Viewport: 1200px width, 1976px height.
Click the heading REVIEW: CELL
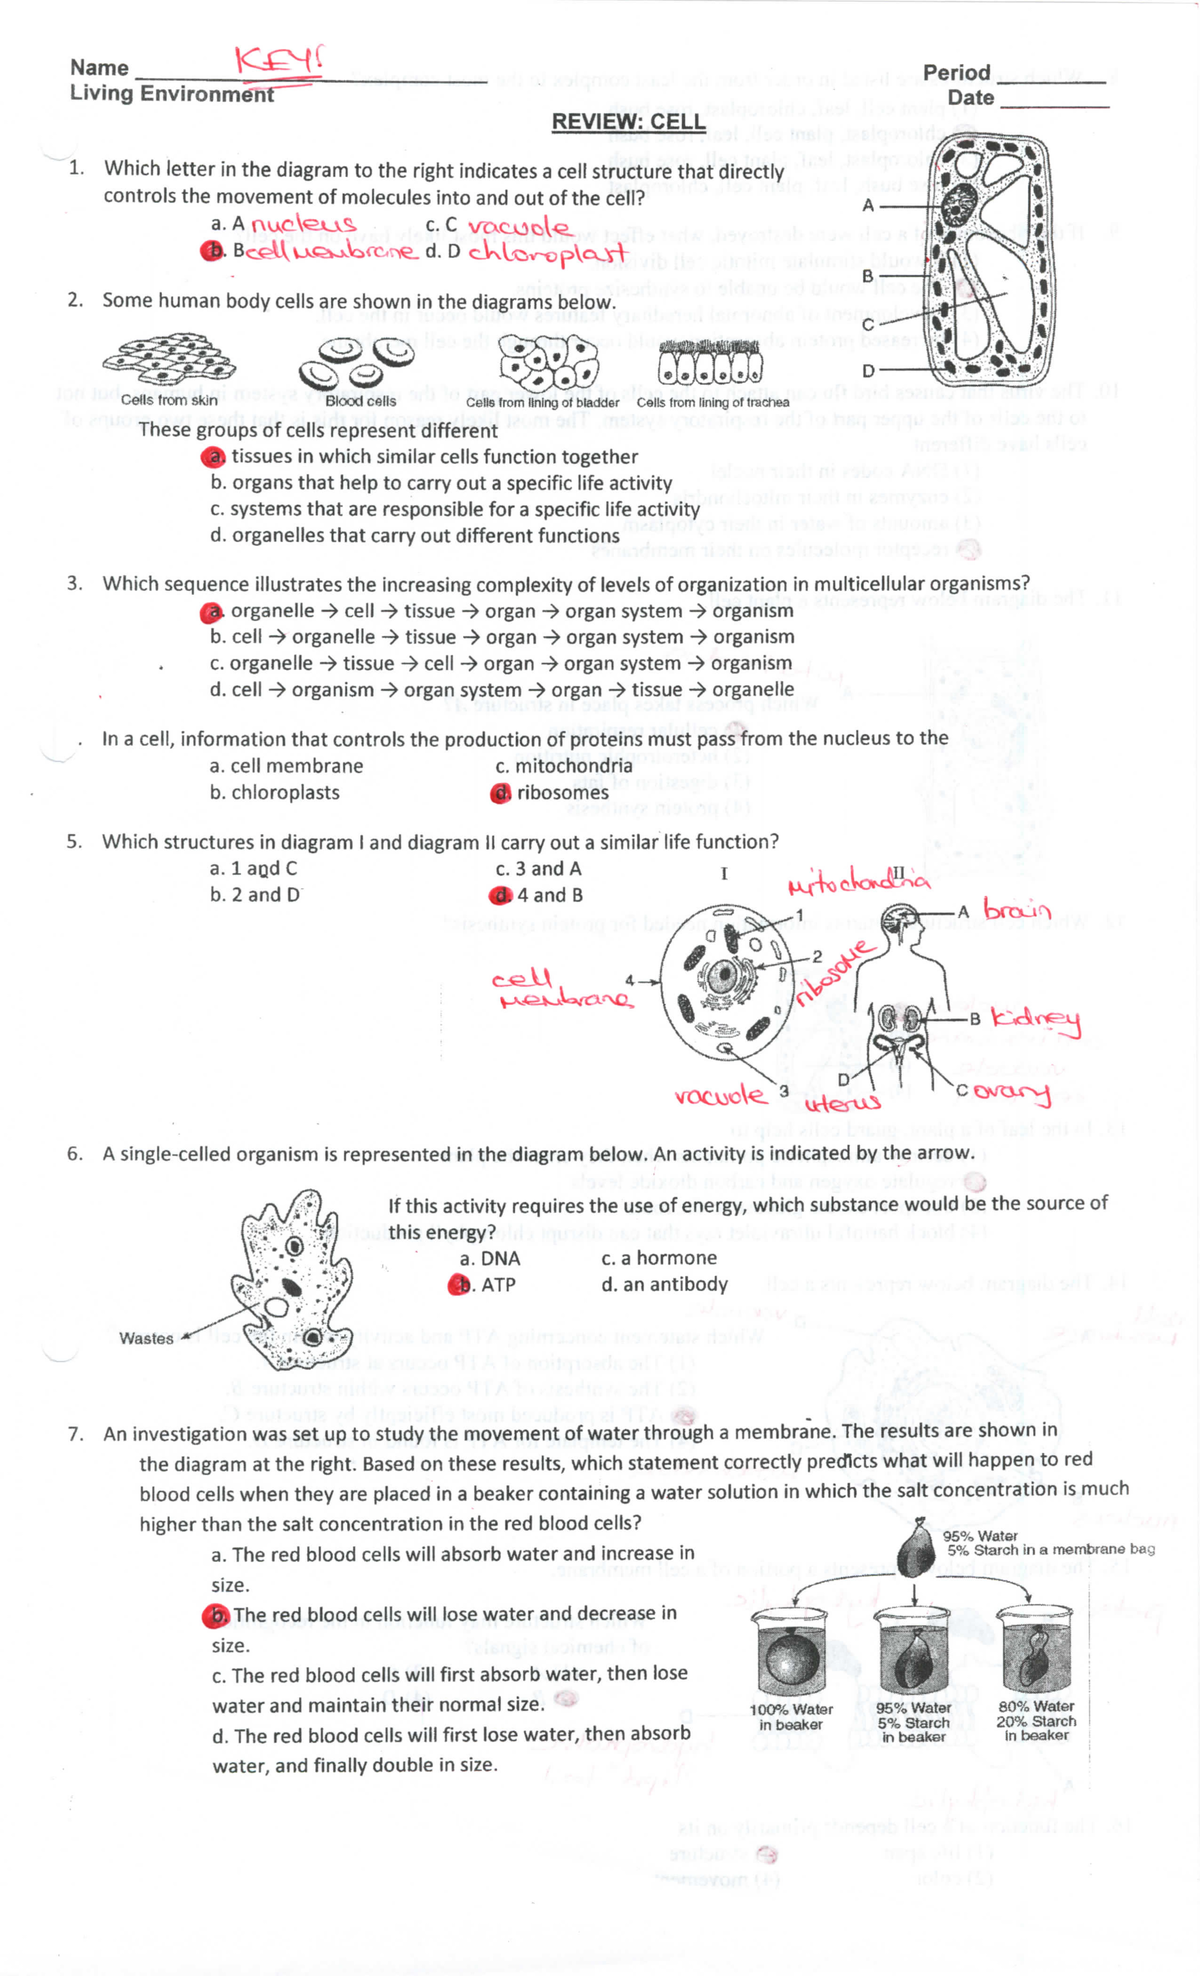(628, 122)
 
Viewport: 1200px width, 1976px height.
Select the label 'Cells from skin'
(169, 400)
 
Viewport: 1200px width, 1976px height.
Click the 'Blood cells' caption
(360, 401)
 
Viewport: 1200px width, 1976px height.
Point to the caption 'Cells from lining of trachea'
(712, 402)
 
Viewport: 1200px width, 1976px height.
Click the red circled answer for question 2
(213, 457)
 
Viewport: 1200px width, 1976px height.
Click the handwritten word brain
(1017, 910)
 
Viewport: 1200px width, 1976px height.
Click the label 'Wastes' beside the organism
(146, 1339)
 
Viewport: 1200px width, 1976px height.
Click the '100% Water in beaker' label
(791, 1717)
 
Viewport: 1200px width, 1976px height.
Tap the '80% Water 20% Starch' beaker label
(1036, 1720)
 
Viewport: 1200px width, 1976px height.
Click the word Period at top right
(956, 73)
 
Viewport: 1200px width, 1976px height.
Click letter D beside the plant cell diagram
(868, 371)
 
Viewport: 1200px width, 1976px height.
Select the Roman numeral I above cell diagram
(723, 874)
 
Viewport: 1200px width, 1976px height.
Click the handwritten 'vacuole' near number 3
(720, 1096)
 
